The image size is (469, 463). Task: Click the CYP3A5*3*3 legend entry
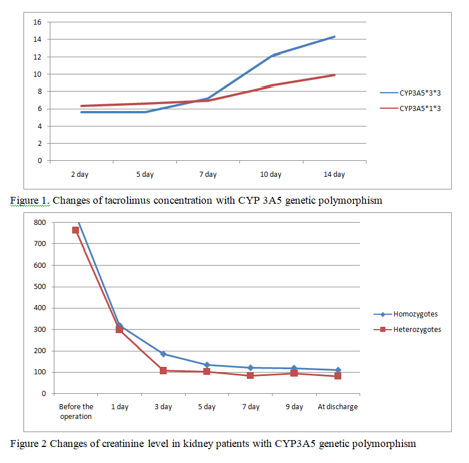[420, 92]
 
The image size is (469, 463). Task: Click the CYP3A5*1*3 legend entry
[420, 108]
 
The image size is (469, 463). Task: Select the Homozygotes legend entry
[415, 314]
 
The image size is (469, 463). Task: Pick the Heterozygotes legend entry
[416, 329]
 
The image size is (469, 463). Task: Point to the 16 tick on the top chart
[38, 22]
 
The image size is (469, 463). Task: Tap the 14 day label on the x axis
[334, 175]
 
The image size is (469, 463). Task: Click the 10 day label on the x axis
[271, 175]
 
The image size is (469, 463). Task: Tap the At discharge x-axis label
[337, 407]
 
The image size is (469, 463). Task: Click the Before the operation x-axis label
[76, 411]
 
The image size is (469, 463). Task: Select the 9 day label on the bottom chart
[294, 407]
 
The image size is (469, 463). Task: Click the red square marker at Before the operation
[76, 230]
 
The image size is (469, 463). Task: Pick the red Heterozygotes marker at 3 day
[163, 370]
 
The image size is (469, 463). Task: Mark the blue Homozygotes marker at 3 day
[163, 354]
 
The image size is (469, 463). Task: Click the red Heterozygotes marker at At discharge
[338, 376]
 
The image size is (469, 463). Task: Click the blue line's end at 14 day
[334, 37]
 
